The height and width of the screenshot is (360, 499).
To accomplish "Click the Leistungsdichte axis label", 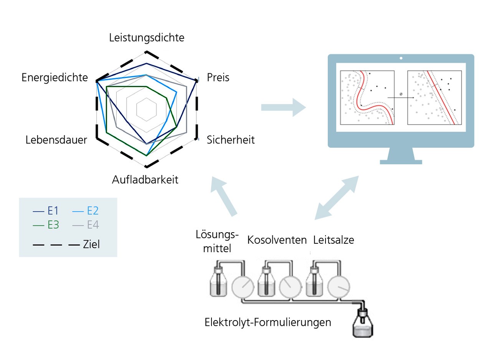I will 147,38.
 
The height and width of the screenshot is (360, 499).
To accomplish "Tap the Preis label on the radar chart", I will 218,78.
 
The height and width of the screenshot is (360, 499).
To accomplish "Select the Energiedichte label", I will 55,78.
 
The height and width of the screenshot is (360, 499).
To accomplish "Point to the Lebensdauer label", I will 56,140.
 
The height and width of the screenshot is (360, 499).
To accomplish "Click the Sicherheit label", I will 231,140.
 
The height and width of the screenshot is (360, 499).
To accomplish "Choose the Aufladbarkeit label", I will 145,180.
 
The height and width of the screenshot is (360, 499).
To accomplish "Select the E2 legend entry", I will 86,211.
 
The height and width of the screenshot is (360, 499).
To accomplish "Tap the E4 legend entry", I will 86,225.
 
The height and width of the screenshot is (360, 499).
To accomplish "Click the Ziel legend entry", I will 67,244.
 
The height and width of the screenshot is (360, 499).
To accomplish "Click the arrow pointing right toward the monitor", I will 283,107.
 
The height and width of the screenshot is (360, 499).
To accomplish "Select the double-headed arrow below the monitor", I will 337,198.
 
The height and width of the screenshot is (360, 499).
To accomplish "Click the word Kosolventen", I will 277,240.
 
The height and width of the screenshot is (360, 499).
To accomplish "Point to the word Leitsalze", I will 334,240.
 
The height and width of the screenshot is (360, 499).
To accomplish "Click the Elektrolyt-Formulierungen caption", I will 268,322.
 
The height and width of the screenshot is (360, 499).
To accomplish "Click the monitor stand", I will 401,156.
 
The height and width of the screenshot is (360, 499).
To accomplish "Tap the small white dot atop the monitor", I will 401,58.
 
